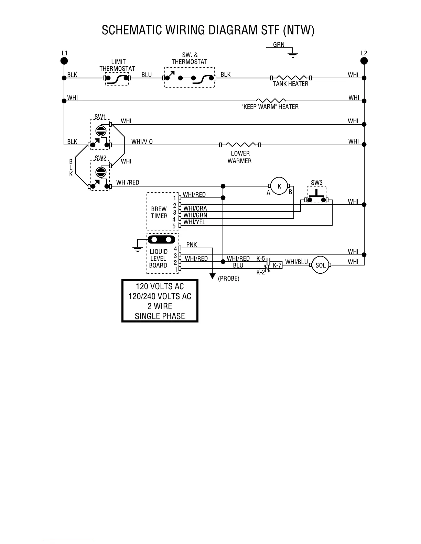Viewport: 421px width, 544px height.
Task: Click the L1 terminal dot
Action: (64, 61)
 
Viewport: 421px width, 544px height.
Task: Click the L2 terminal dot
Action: (364, 61)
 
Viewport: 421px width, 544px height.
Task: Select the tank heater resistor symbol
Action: (291, 78)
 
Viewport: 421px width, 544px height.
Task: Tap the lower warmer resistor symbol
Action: (240, 145)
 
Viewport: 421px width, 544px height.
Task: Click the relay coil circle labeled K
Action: (279, 186)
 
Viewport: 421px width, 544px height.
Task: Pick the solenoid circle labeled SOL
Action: (320, 265)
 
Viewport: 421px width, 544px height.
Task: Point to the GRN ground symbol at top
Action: (292, 54)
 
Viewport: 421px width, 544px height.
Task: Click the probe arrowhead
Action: (213, 276)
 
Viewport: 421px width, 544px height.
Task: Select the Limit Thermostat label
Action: (117, 65)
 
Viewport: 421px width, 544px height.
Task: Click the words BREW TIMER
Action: (159, 212)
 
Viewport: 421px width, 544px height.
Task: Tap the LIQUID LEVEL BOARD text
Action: (159, 258)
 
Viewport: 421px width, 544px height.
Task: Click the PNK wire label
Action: (192, 245)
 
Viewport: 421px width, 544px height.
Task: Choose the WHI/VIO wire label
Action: (142, 141)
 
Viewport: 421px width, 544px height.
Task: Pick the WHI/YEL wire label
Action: (194, 222)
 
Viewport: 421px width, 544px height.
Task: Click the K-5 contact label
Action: (261, 258)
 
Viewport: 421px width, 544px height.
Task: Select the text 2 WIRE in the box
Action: (160, 306)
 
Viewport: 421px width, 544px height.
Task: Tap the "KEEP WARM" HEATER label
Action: (270, 106)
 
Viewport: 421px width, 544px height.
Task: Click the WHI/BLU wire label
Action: (296, 262)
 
